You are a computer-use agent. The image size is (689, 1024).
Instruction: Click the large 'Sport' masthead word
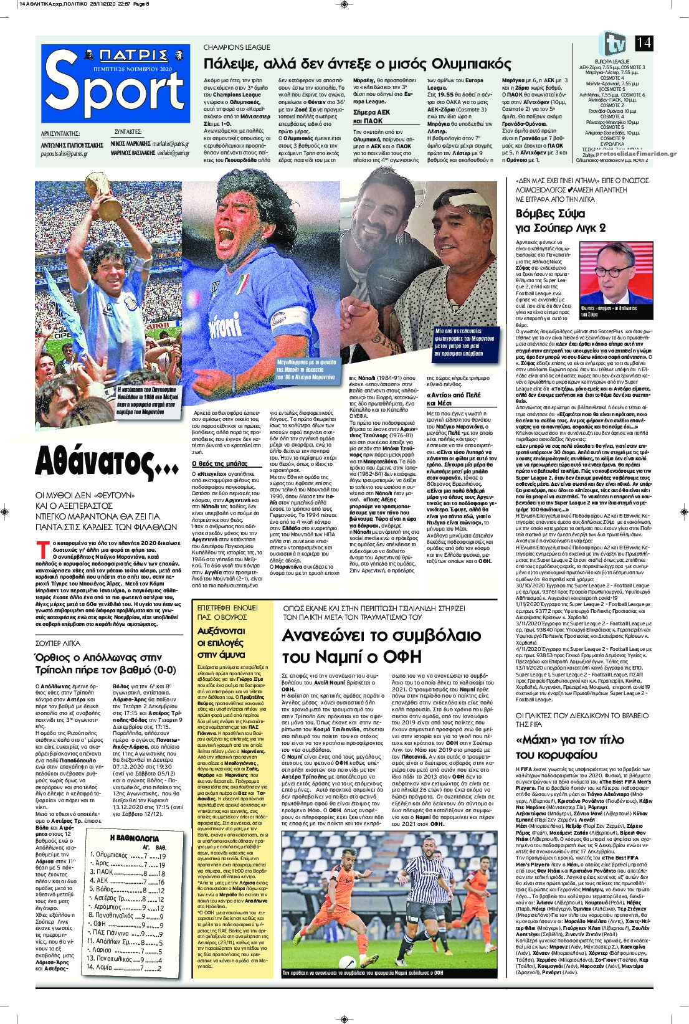click(115, 90)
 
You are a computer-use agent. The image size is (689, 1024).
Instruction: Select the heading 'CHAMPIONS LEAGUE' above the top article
click(237, 47)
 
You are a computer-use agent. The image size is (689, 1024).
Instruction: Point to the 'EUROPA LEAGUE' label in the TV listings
click(612, 62)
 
